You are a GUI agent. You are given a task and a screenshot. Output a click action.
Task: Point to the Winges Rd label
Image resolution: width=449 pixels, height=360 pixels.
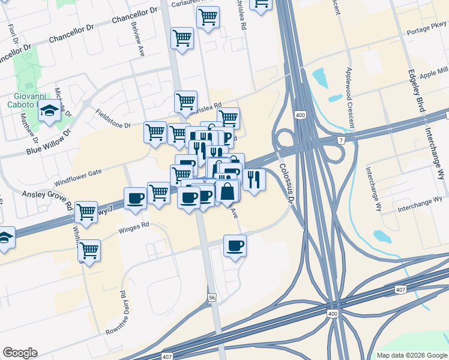133,227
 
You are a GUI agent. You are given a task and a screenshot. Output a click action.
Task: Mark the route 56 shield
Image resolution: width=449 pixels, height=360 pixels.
211,298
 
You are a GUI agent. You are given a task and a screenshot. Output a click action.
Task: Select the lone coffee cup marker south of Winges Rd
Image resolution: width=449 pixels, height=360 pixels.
235,245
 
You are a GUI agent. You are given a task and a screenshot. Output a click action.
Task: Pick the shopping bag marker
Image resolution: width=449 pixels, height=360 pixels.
228,192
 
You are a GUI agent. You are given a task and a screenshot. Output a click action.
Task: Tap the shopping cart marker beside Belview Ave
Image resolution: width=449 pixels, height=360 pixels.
182,38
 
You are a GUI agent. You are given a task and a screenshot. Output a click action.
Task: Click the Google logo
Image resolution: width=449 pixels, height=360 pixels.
20,353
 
